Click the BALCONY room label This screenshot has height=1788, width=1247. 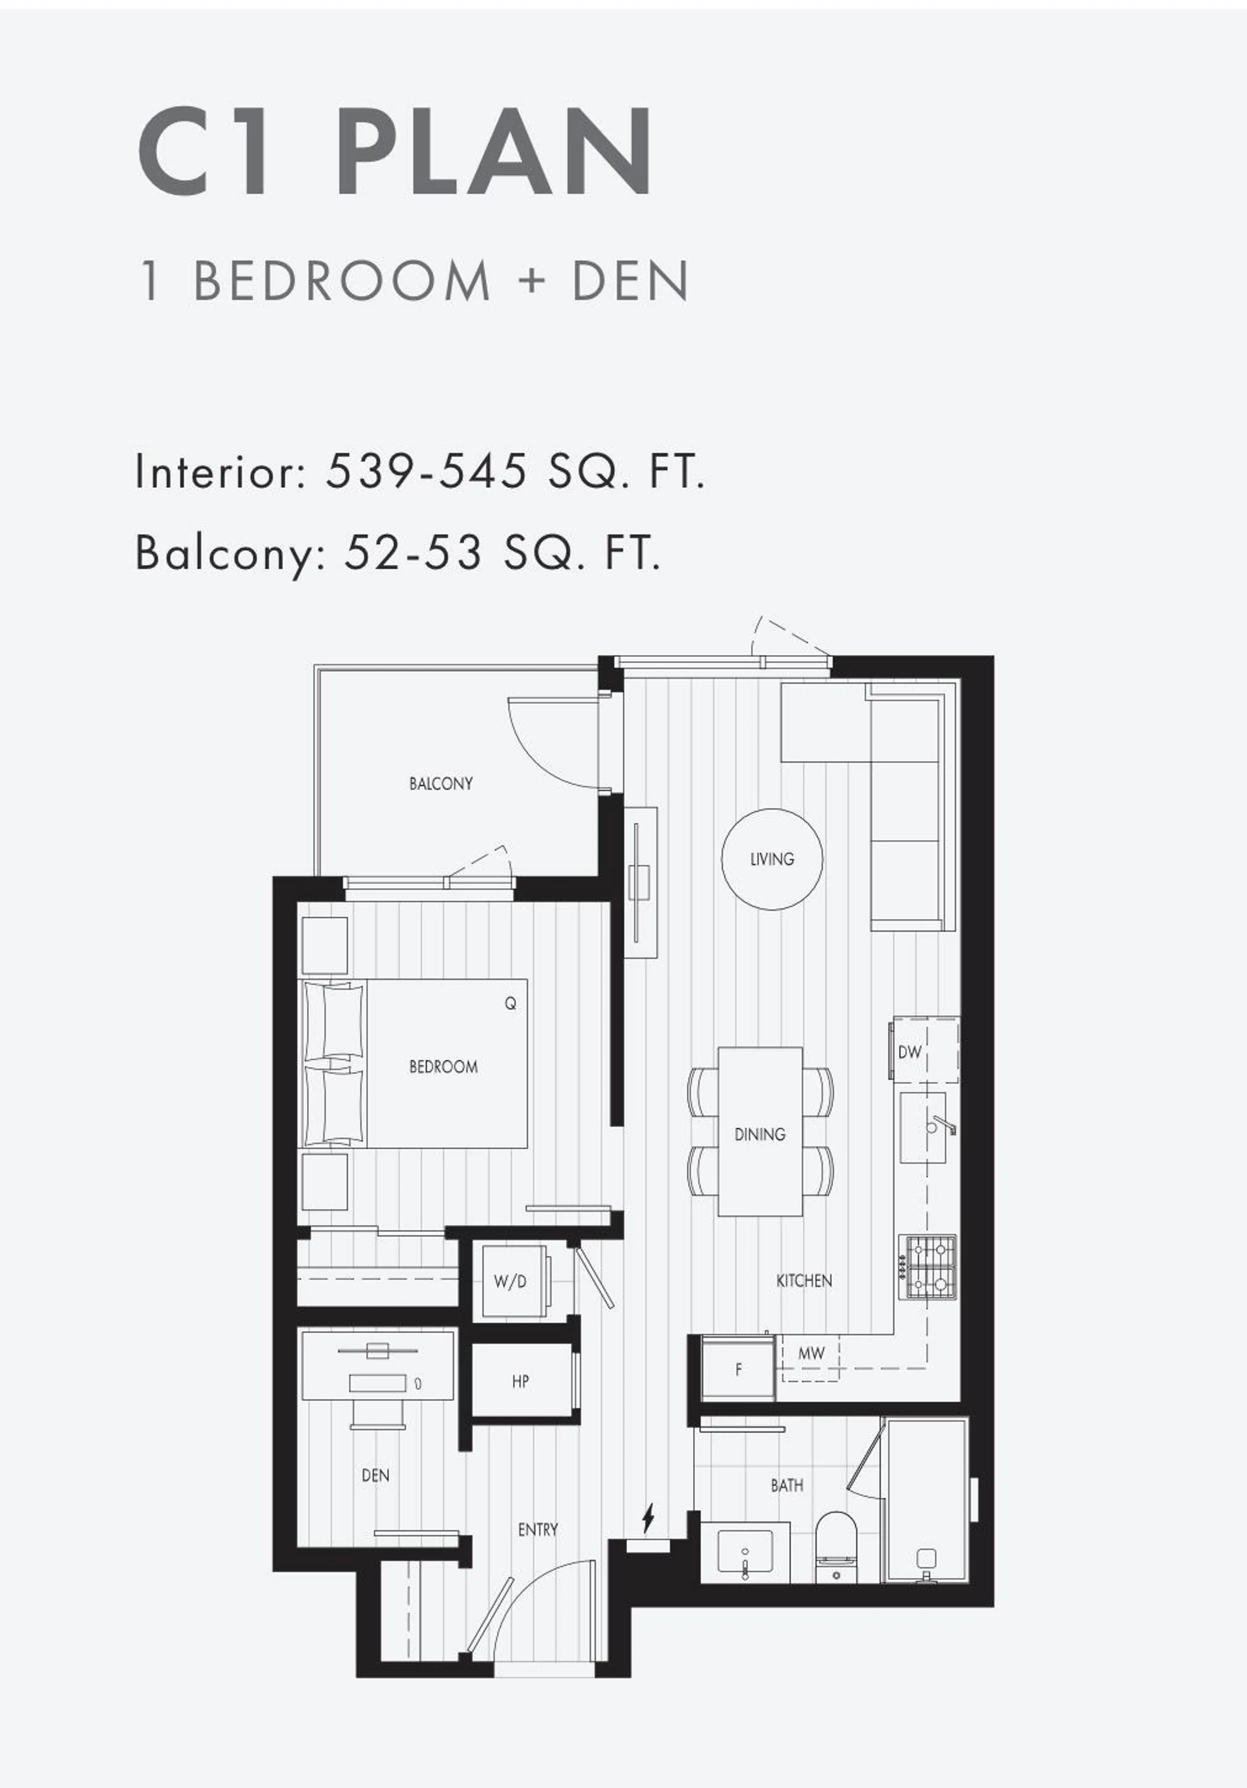click(441, 784)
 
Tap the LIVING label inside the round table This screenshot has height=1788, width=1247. click(772, 859)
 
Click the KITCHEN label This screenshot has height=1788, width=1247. click(804, 1280)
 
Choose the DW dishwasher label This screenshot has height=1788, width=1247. click(909, 1052)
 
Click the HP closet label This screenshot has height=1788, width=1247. click(521, 1382)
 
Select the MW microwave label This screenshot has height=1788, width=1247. click(811, 1353)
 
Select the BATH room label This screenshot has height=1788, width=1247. click(787, 1485)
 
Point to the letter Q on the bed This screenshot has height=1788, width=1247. click(510, 1004)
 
